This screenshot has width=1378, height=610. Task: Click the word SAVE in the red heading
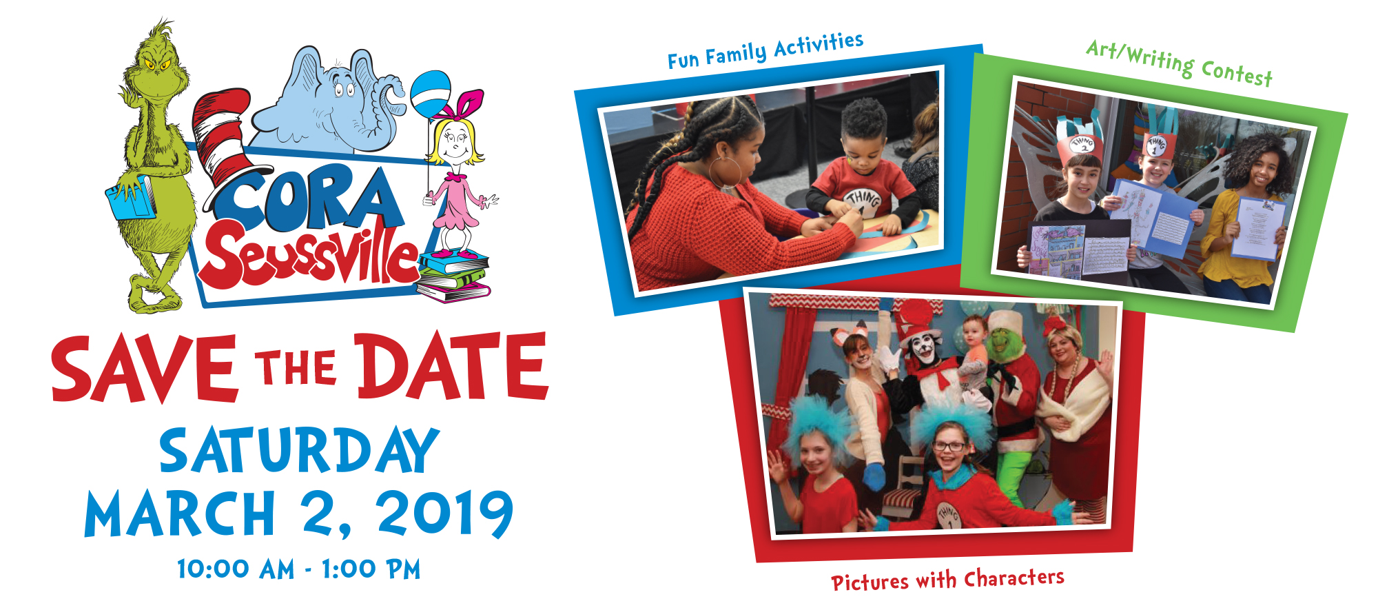145,369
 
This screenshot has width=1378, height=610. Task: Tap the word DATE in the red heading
452,366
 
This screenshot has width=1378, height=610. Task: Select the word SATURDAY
299,451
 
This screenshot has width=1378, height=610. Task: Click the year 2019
445,514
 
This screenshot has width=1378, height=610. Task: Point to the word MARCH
181,514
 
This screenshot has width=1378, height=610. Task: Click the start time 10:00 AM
236,569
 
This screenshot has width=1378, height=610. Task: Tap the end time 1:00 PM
371,569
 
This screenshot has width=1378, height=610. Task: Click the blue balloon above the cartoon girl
431,95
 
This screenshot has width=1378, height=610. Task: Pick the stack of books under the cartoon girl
452,276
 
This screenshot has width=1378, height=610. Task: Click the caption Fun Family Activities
765,50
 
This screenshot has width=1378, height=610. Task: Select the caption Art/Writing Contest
1180,63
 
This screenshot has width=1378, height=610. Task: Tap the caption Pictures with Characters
947,580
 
